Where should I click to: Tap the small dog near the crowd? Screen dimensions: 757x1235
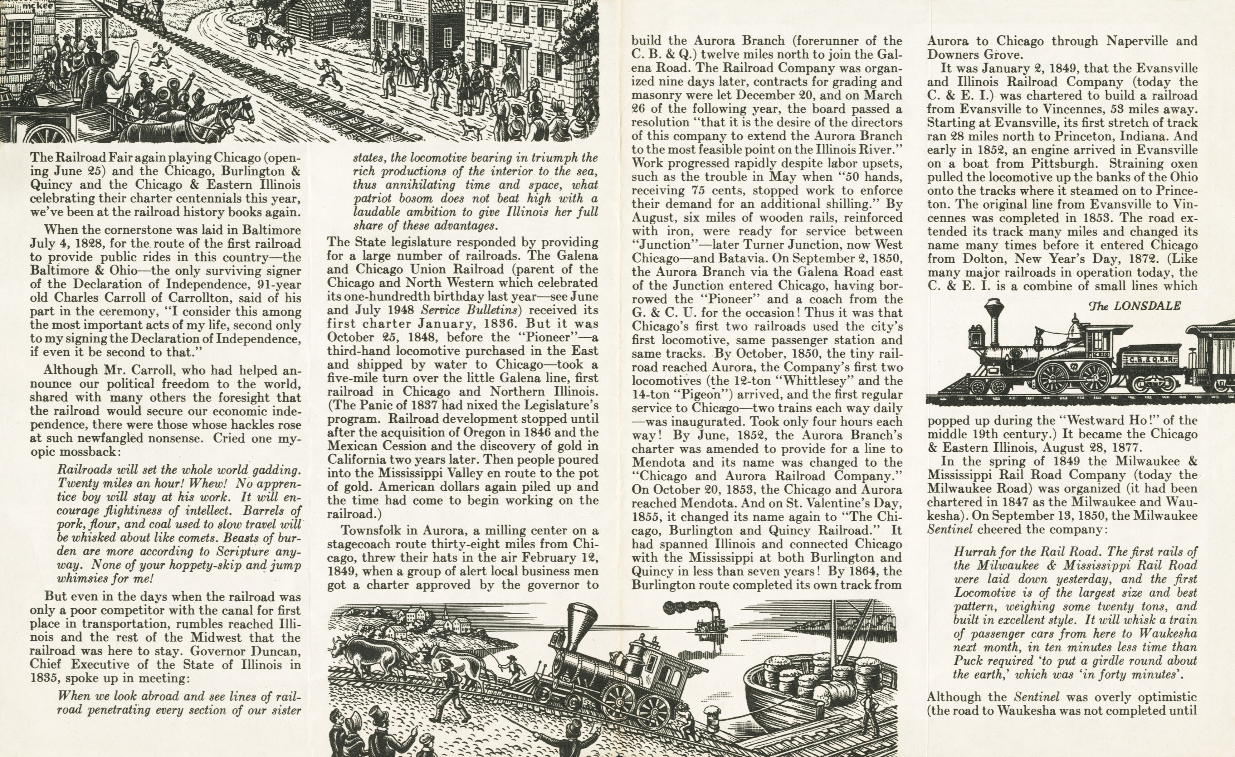pyautogui.click(x=471, y=128)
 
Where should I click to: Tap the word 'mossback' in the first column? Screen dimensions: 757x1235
pyautogui.click(x=85, y=452)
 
